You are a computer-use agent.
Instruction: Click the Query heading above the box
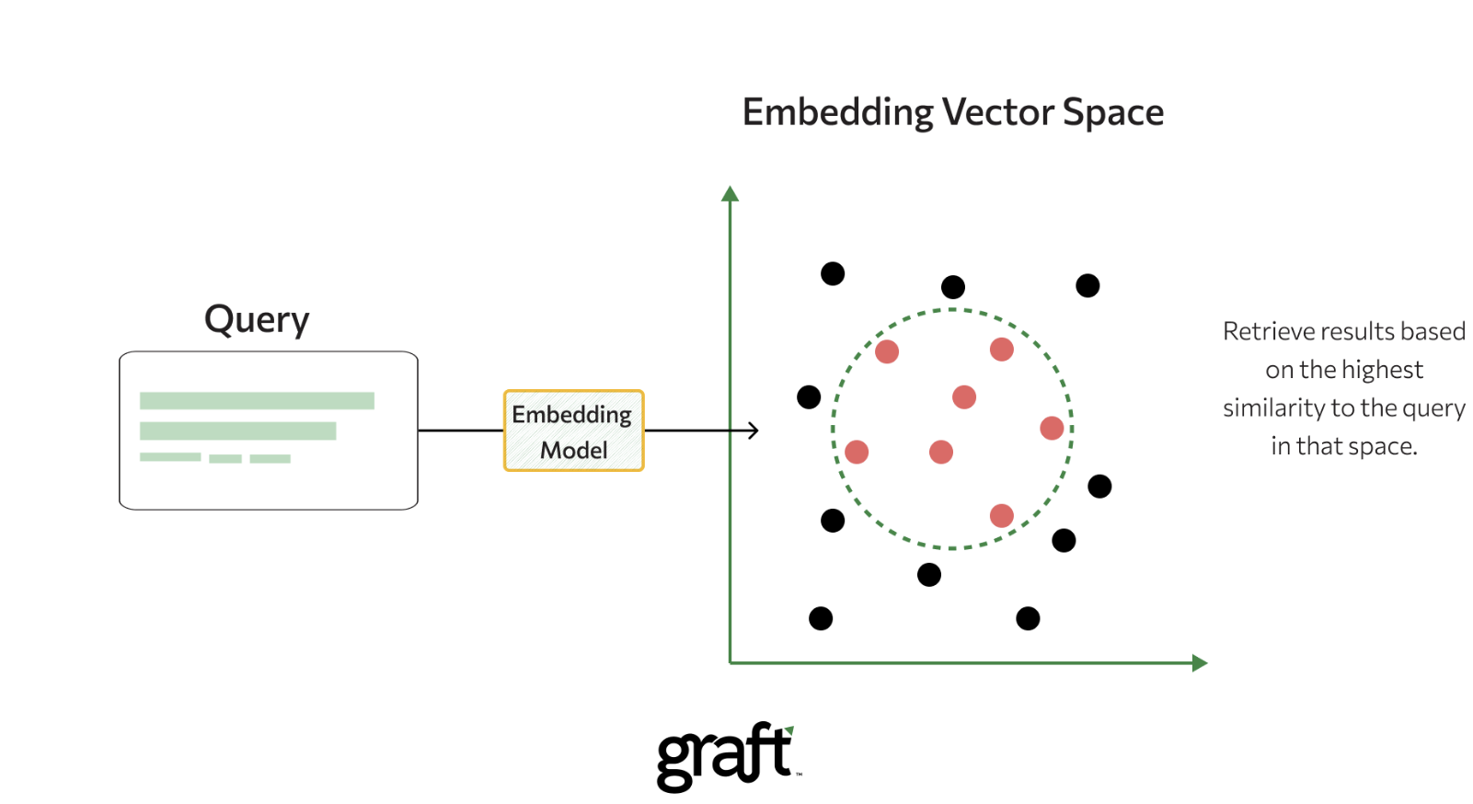coord(257,320)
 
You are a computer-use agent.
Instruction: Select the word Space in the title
coord(1113,113)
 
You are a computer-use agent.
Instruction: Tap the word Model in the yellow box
coord(573,450)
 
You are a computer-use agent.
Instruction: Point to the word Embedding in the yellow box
coord(571,415)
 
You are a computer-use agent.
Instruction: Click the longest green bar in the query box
coord(257,400)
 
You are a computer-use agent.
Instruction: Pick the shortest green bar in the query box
coord(224,458)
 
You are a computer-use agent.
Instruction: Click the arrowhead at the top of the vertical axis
coord(731,193)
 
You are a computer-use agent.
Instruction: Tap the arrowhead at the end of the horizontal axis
coord(1200,662)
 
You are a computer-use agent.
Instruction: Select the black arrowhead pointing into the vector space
coord(754,430)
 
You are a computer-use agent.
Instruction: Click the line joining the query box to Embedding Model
coord(460,430)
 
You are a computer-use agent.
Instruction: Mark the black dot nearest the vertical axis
coord(809,396)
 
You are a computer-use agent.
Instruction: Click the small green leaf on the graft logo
coord(789,730)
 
